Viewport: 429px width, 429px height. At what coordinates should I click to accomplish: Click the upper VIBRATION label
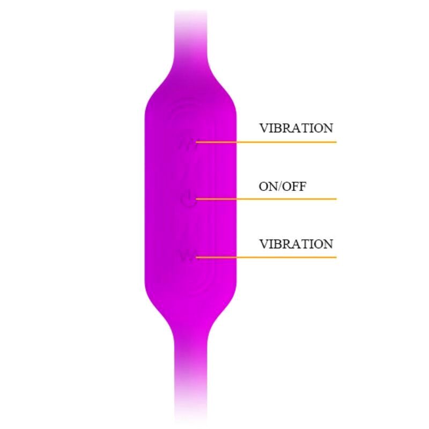click(x=296, y=128)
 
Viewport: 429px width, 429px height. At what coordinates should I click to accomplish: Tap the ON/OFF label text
click(x=283, y=187)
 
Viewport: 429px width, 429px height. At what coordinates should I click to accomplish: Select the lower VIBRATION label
click(x=296, y=244)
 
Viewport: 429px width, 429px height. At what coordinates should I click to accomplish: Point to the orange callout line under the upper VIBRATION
click(x=266, y=142)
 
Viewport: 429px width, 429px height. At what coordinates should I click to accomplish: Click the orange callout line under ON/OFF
click(x=266, y=199)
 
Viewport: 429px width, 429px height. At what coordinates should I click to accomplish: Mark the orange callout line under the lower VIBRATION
click(x=266, y=257)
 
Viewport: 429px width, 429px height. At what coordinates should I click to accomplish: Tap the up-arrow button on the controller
click(x=188, y=144)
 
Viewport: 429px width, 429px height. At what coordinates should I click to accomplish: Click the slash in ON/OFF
click(x=279, y=187)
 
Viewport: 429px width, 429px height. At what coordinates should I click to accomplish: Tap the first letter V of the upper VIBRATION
click(x=264, y=128)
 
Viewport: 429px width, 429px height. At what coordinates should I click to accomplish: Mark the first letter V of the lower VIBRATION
click(x=264, y=244)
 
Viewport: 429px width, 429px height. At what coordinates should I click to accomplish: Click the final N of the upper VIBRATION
click(x=328, y=128)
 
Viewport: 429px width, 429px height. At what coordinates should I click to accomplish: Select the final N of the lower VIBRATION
click(x=328, y=244)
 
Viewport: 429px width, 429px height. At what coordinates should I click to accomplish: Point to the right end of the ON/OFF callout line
click(x=336, y=199)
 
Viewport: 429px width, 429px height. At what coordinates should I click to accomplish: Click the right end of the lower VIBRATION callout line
click(x=336, y=257)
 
